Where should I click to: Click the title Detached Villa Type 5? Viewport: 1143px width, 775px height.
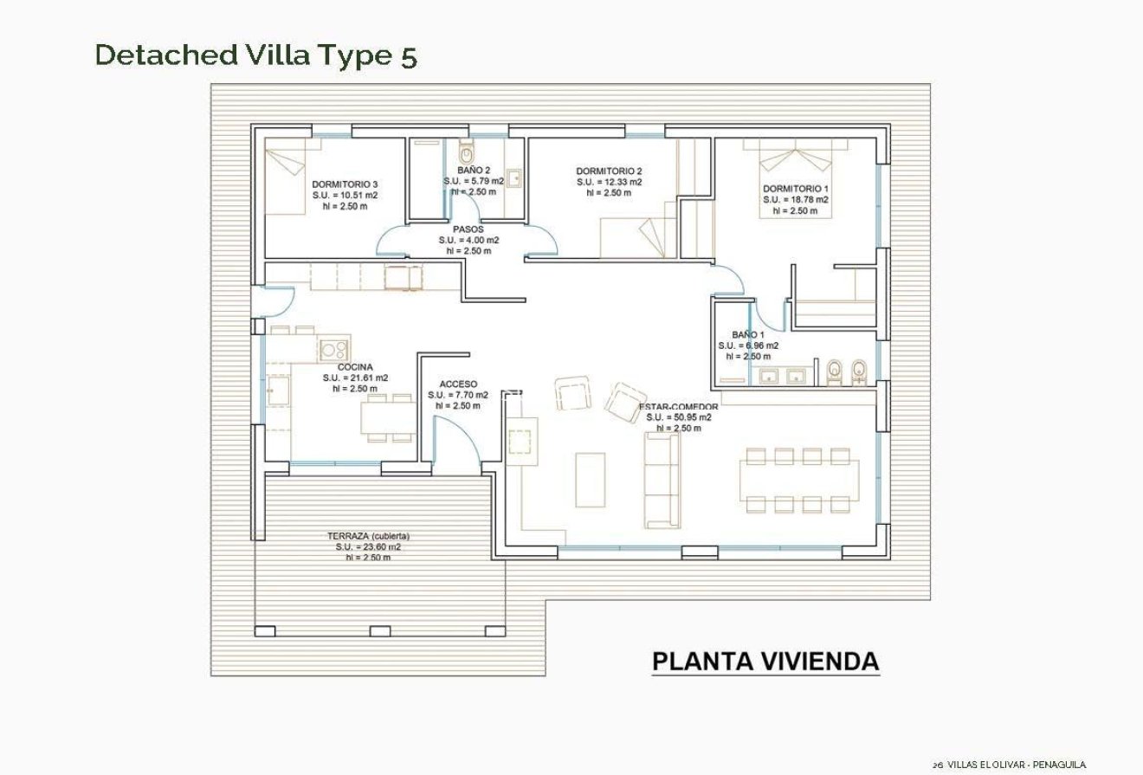tap(255, 55)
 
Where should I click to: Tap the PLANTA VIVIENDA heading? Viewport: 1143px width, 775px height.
tap(765, 662)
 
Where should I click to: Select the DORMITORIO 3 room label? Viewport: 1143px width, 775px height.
tap(345, 184)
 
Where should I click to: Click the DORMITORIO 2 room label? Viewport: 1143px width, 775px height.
tap(609, 171)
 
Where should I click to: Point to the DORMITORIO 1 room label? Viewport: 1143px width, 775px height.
tap(795, 189)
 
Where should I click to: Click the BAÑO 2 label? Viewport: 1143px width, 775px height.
tap(474, 171)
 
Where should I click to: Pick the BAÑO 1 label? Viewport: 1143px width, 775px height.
tap(747, 334)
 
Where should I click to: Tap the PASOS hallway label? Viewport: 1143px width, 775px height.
tap(468, 229)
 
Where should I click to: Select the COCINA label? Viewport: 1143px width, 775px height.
tap(355, 367)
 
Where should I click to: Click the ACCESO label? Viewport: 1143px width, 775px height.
tap(457, 384)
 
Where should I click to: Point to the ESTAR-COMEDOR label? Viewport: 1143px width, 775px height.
tap(678, 406)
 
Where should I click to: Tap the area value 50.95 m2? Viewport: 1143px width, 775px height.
tap(678, 417)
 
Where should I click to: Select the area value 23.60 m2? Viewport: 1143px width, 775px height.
tap(368, 547)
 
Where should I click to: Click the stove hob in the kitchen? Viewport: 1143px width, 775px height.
tap(333, 350)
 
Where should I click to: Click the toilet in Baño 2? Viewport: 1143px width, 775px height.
tap(468, 153)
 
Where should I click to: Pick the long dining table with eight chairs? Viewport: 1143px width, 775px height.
tap(798, 480)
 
